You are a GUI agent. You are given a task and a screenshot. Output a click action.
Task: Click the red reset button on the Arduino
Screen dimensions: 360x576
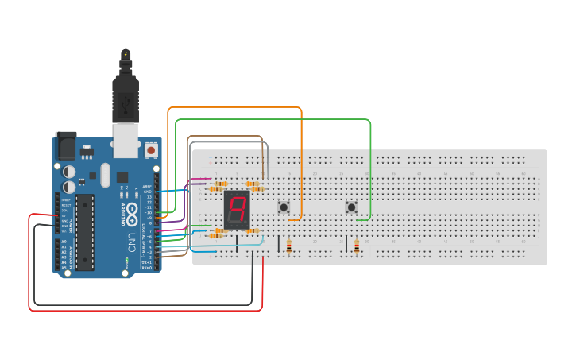click(x=151, y=149)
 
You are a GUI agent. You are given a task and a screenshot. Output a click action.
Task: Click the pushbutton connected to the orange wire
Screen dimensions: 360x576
click(x=284, y=208)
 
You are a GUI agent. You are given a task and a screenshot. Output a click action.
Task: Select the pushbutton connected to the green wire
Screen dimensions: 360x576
click(x=351, y=208)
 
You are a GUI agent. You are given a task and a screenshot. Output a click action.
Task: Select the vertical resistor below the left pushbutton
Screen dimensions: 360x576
click(x=288, y=247)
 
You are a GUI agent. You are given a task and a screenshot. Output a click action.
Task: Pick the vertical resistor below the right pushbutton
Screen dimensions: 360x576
click(x=357, y=247)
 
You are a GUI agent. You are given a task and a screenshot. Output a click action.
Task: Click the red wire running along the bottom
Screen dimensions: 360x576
click(x=143, y=310)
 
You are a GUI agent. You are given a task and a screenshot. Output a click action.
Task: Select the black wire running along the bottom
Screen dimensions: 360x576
click(x=143, y=304)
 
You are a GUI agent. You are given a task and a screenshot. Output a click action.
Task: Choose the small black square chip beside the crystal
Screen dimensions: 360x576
click(x=122, y=176)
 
